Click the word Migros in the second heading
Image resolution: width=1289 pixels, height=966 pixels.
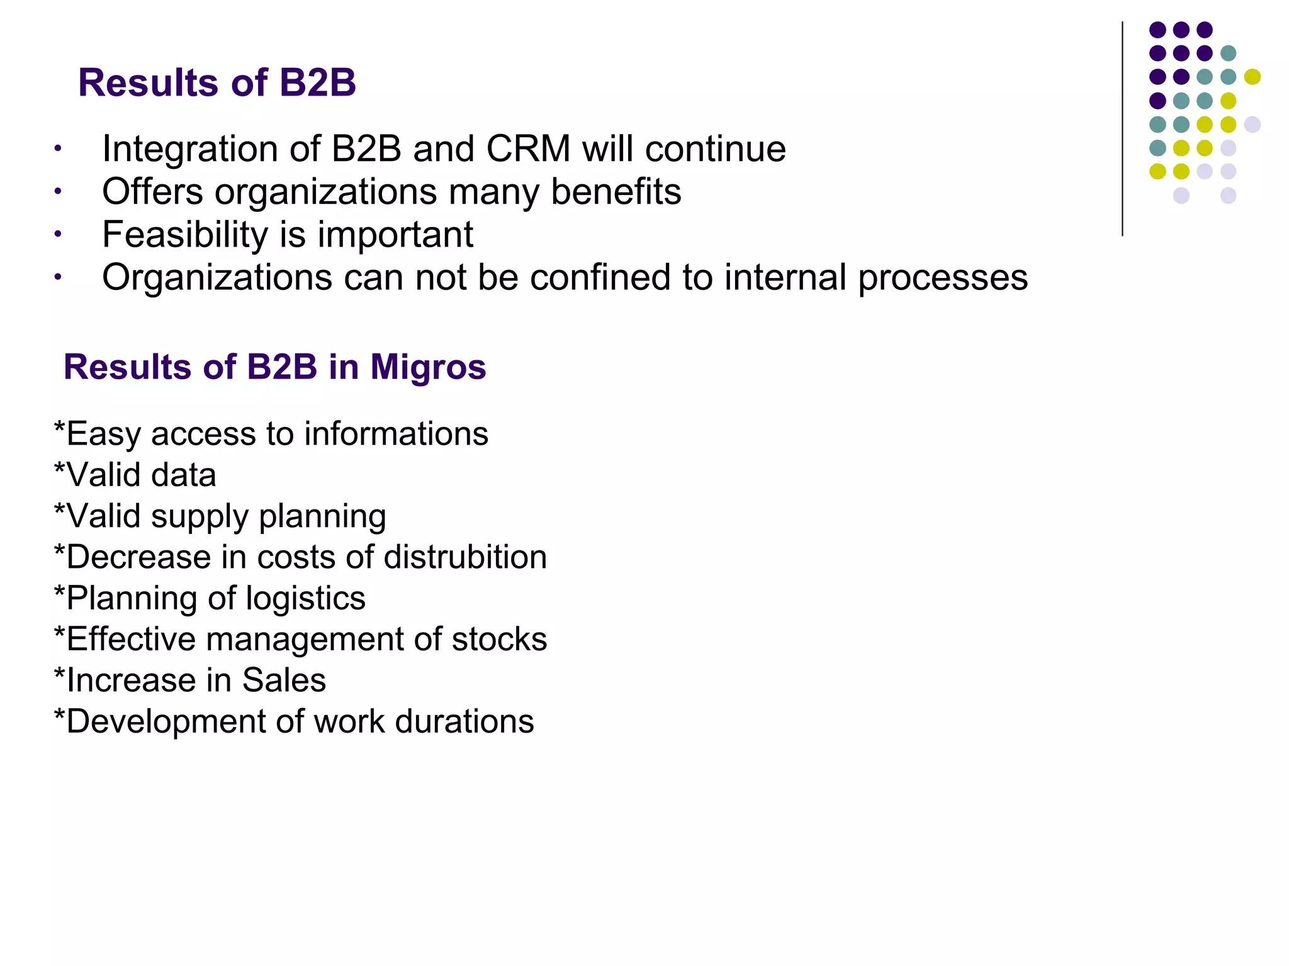[428, 367]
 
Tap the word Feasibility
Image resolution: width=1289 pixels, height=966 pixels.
[185, 235]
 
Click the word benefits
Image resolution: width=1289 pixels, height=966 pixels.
[616, 192]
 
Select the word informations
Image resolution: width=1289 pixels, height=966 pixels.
[396, 434]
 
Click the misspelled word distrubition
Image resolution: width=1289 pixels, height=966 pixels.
[465, 557]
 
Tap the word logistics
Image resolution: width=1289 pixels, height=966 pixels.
[305, 598]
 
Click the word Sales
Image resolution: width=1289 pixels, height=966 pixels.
[284, 680]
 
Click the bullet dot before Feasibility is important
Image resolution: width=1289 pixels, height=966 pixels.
[57, 235]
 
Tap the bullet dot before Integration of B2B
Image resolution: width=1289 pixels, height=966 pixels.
[57, 149]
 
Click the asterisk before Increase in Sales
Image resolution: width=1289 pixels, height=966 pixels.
[60, 676]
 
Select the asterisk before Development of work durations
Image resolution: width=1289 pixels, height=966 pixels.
[60, 717]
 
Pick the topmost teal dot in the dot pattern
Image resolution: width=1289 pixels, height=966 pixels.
[1228, 53]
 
